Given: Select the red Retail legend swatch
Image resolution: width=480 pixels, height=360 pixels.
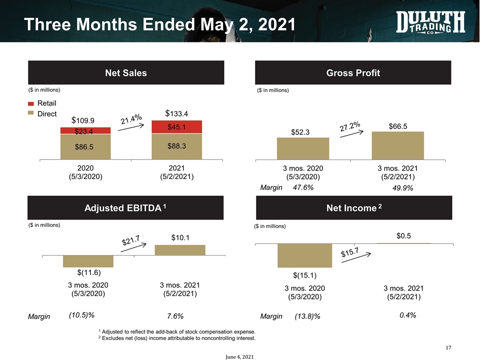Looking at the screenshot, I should (x=30, y=104).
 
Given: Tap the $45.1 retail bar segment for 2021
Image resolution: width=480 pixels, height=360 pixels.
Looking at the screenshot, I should (x=177, y=127).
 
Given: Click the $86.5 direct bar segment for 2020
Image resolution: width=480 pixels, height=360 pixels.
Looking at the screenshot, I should (x=85, y=147).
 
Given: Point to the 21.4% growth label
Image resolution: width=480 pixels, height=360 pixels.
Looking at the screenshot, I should (x=131, y=119).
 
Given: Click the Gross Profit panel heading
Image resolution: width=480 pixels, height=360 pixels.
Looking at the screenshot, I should (x=353, y=73).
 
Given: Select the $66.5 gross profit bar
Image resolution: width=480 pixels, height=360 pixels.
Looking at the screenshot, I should (x=397, y=145).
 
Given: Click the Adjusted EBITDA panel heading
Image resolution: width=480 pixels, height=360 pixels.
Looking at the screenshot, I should (x=125, y=207).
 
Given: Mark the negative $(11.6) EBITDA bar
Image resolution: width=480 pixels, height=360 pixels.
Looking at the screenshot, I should (x=88, y=261).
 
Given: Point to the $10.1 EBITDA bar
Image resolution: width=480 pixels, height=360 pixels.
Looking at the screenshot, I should (x=180, y=250).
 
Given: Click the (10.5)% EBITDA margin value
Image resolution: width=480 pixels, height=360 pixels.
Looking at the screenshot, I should (x=81, y=315).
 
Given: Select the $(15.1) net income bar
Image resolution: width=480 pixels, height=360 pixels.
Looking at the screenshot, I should (x=304, y=255).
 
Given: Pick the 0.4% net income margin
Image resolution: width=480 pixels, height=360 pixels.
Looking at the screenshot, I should (x=408, y=315).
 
